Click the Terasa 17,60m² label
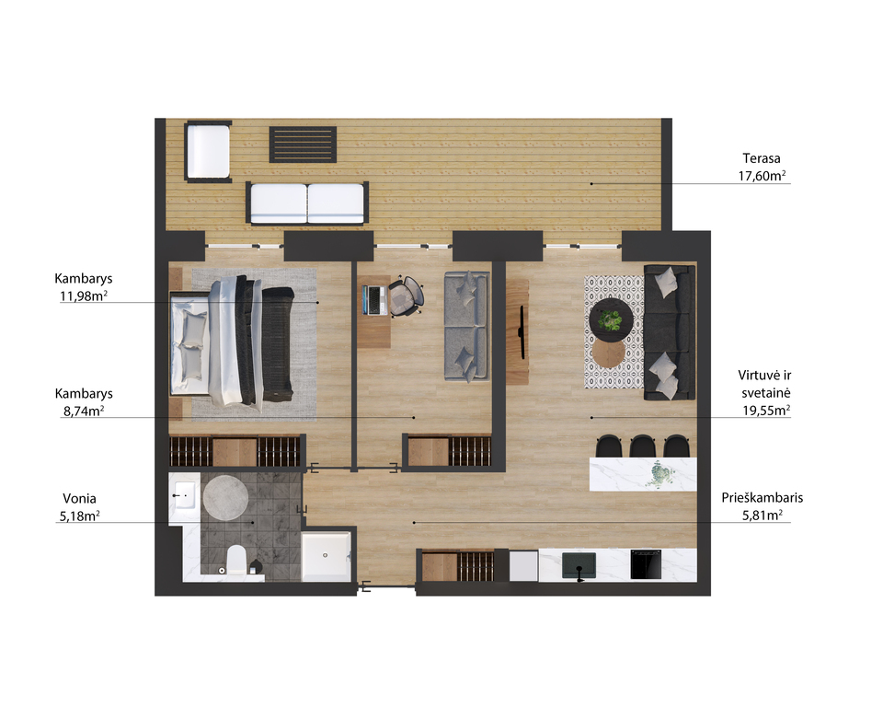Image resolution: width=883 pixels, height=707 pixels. click(762, 167)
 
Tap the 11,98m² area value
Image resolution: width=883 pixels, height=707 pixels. click(84, 296)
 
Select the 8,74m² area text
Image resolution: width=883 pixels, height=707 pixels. click(84, 411)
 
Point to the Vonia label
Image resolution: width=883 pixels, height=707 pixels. click(79, 498)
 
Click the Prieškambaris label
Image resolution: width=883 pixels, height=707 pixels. click(763, 498)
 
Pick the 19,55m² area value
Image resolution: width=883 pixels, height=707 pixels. click(766, 411)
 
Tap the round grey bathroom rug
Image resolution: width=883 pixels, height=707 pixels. click(226, 498)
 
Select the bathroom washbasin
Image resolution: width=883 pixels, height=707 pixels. click(184, 495)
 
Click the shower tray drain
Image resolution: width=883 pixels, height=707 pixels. click(325, 555)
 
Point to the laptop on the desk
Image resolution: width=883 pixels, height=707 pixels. click(374, 300)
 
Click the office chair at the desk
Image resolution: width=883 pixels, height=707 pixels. click(406, 296)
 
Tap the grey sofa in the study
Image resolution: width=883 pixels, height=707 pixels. click(467, 327)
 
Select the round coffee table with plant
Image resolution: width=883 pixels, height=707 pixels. click(612, 319)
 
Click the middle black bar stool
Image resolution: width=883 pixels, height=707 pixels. click(643, 446)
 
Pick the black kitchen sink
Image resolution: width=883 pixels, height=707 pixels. click(579, 565)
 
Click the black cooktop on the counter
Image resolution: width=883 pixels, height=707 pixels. click(646, 564)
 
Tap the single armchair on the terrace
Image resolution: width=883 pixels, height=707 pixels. click(208, 151)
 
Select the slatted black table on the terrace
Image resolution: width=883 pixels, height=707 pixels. click(303, 145)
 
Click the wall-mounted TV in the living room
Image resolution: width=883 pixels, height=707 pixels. click(522, 332)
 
